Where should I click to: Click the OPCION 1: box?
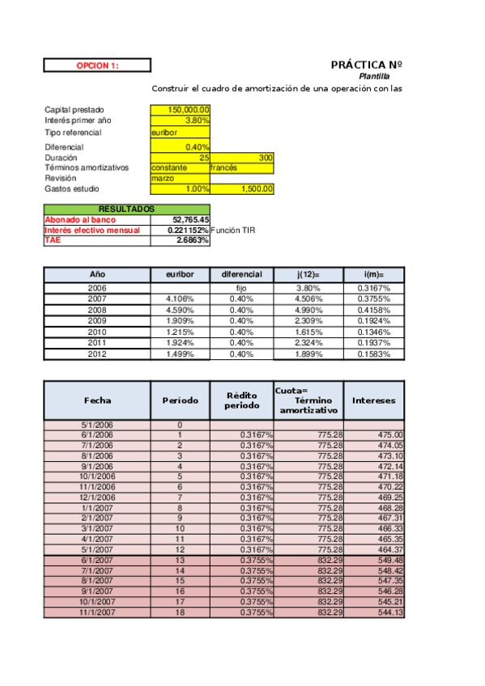(97, 66)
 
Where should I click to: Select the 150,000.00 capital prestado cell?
(180, 110)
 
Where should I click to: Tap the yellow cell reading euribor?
(180, 132)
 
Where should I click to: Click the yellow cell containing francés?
(242, 167)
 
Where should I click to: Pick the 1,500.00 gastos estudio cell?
(242, 188)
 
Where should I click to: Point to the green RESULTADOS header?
(126, 209)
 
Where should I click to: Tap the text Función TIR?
(232, 230)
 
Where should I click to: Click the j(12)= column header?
(308, 274)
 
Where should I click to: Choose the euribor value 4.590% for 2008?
(180, 310)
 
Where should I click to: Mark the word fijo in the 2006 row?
(242, 288)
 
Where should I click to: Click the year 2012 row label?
(97, 354)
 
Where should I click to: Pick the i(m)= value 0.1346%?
(373, 332)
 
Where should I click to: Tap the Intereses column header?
(373, 400)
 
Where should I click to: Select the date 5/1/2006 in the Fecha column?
(97, 425)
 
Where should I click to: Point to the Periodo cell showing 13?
(180, 560)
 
